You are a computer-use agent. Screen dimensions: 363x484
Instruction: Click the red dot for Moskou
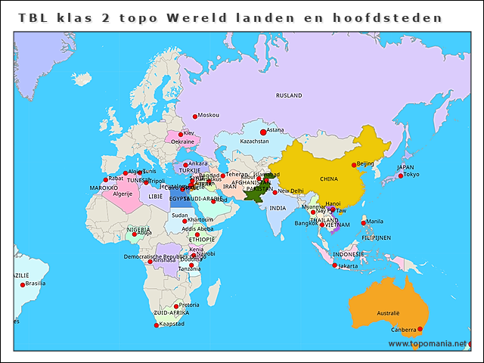point(194,116)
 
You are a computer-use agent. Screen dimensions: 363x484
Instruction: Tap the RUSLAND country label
point(289,95)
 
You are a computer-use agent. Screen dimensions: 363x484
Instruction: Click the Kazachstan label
point(254,141)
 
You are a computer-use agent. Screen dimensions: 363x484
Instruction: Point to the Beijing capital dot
point(354,165)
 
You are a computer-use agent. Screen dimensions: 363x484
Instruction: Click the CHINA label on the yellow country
point(328,179)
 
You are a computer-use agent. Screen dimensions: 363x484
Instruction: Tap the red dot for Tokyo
point(400,175)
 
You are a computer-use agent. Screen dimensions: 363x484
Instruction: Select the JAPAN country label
point(405,167)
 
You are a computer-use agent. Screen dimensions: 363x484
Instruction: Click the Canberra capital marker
point(420,329)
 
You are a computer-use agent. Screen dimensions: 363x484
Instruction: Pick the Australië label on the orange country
point(388,312)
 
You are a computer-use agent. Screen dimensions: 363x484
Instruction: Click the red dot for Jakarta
point(334,265)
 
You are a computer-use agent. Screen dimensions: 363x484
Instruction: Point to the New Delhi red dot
point(275,191)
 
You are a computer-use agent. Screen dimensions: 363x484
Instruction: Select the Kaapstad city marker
point(157,325)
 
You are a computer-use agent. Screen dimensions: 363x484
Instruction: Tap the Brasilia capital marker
point(22,284)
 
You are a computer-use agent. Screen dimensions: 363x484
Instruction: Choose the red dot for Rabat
point(105,180)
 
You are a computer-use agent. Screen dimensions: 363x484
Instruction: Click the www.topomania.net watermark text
point(427,343)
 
